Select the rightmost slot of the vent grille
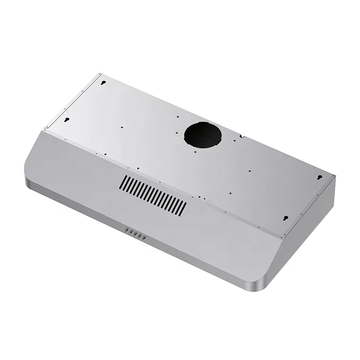click(x=184, y=207)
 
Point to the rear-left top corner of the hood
click(x=100, y=73)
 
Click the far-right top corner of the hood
click(x=335, y=177)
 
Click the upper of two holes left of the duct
click(x=178, y=116)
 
